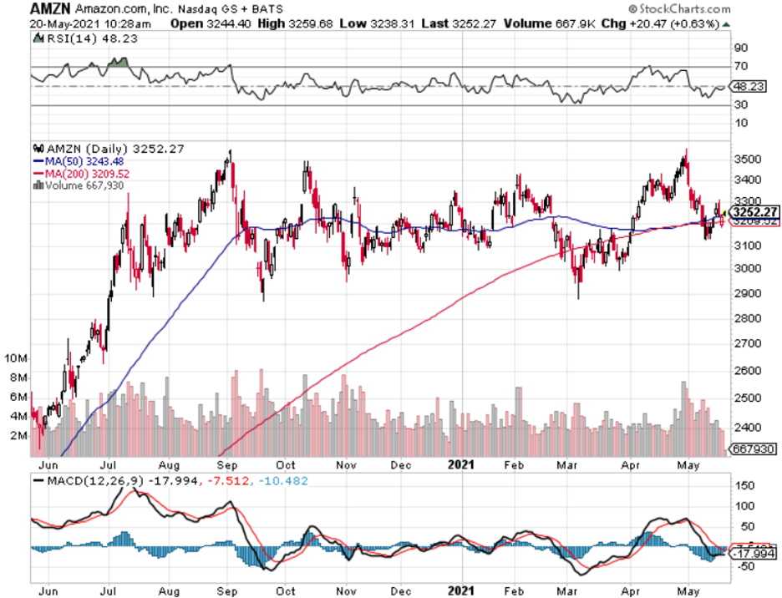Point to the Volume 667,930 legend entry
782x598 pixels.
tap(79, 184)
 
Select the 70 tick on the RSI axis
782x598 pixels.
tap(740, 66)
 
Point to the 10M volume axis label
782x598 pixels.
tap(16, 357)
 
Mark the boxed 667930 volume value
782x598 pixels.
tap(753, 448)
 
